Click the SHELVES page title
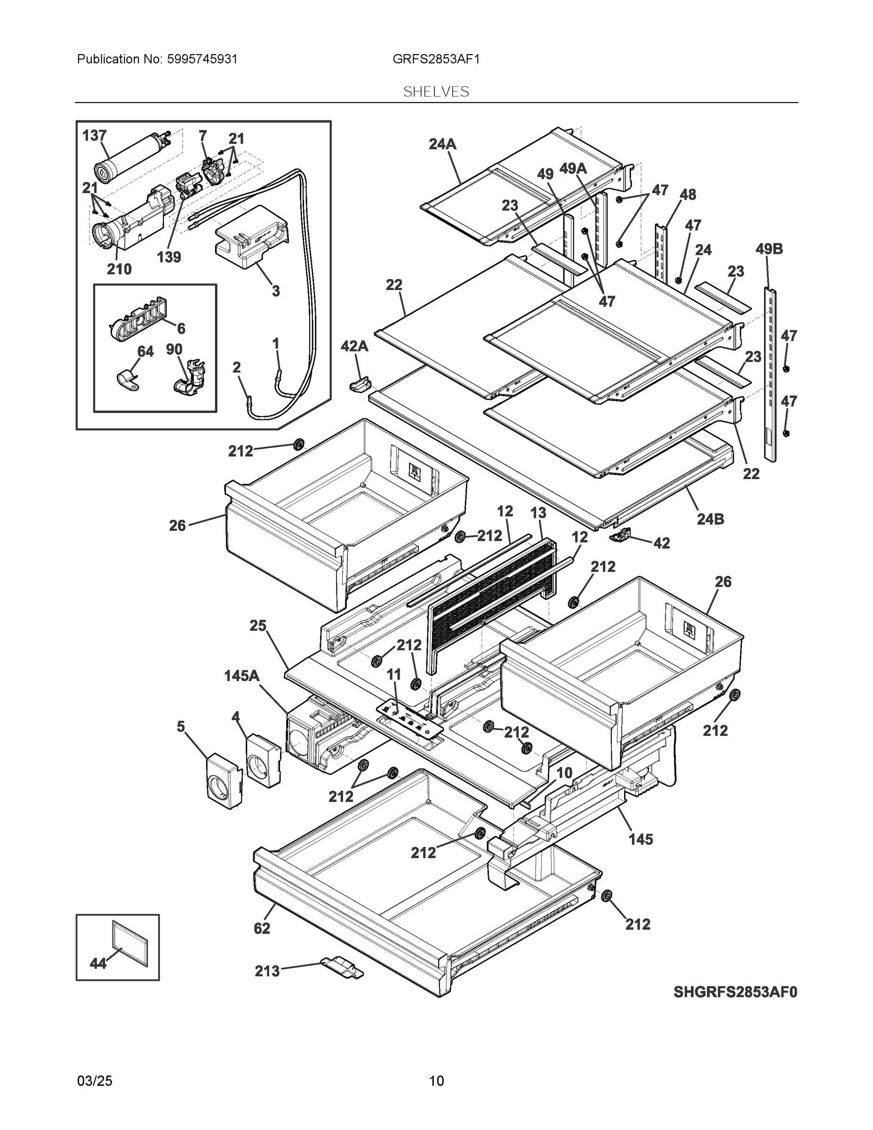pyautogui.click(x=436, y=92)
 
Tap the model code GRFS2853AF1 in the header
pyautogui.click(x=436, y=59)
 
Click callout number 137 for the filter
pyautogui.click(x=94, y=136)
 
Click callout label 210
pyautogui.click(x=119, y=269)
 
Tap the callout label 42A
pyautogui.click(x=354, y=346)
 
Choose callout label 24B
pyautogui.click(x=710, y=519)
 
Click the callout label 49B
pyautogui.click(x=769, y=249)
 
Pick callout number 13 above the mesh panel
pyautogui.click(x=538, y=513)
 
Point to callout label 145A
pyautogui.click(x=242, y=676)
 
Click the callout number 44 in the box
pyautogui.click(x=98, y=963)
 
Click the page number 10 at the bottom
pyautogui.click(x=437, y=1081)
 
